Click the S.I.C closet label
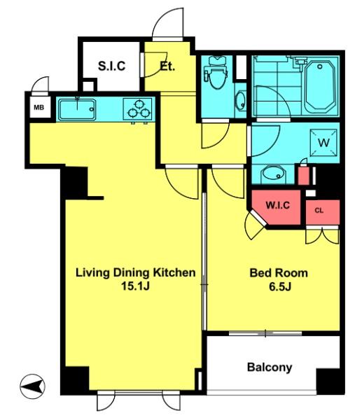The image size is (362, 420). coord(111,66)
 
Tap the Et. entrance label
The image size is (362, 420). coord(167,66)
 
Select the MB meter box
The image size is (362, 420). coord(40,107)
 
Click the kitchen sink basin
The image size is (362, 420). coord(77,110)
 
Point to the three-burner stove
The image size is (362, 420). coord(137,109)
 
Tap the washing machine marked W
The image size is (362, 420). coord(323,143)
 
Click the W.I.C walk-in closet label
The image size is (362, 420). coord(278,205)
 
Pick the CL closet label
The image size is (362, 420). coord(319,211)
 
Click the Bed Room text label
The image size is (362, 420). coord(279,273)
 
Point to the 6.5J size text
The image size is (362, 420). coord(280,287)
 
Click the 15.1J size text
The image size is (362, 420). coord(135,286)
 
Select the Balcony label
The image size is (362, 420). coord(270,367)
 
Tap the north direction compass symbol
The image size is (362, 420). coord(32,386)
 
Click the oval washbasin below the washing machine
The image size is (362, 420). coord(272,174)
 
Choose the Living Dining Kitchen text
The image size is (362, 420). coord(135,273)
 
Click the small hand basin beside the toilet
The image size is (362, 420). coord(241,100)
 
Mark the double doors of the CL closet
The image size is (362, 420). coord(322,235)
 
